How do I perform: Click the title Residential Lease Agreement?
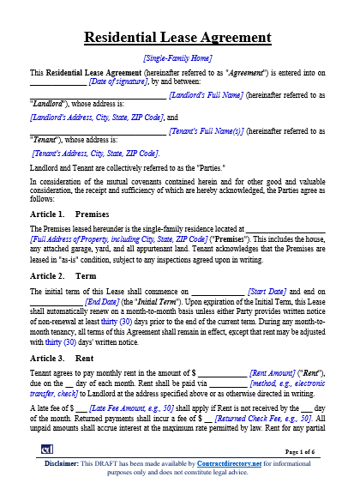[179, 38]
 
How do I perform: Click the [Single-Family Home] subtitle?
[179, 57]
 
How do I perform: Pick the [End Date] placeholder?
[103, 303]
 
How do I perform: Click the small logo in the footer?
[47, 449]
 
